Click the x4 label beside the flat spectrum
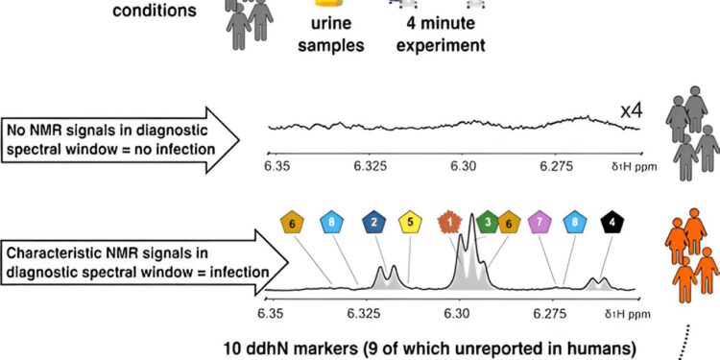pos(631,112)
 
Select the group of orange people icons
pos(691,258)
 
